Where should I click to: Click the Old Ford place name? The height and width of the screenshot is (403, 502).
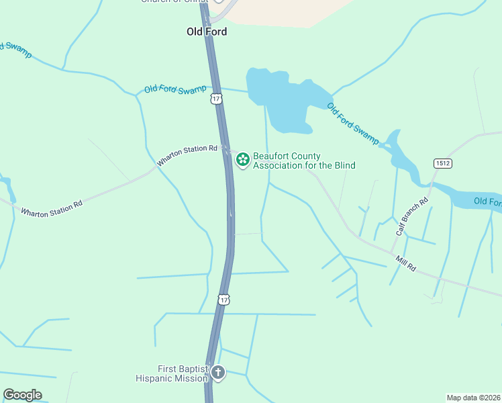[x=207, y=32]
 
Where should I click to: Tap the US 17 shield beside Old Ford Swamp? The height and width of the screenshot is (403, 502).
[x=215, y=99]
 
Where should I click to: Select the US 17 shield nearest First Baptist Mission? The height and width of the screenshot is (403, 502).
[x=223, y=299]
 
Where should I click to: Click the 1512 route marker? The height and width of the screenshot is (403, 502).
[x=442, y=163]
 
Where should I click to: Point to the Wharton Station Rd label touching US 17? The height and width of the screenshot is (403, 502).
[x=187, y=156]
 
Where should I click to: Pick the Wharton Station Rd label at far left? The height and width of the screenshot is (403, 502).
[x=51, y=203]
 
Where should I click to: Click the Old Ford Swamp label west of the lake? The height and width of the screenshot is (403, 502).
[x=175, y=89]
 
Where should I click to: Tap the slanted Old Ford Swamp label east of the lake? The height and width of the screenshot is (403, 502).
[x=353, y=123]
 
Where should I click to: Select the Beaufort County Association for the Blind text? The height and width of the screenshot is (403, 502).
[x=304, y=161]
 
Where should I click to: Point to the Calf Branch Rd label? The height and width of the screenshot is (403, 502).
[x=411, y=216]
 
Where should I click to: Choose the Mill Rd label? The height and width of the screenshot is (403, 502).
[x=406, y=263]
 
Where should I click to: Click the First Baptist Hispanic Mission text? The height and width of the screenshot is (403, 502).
[x=183, y=373]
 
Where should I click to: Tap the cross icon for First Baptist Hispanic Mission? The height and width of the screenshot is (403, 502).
[x=217, y=372]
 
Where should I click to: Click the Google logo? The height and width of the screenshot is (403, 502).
[x=22, y=395]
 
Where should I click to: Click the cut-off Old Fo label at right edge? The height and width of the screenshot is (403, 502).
[x=487, y=201]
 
